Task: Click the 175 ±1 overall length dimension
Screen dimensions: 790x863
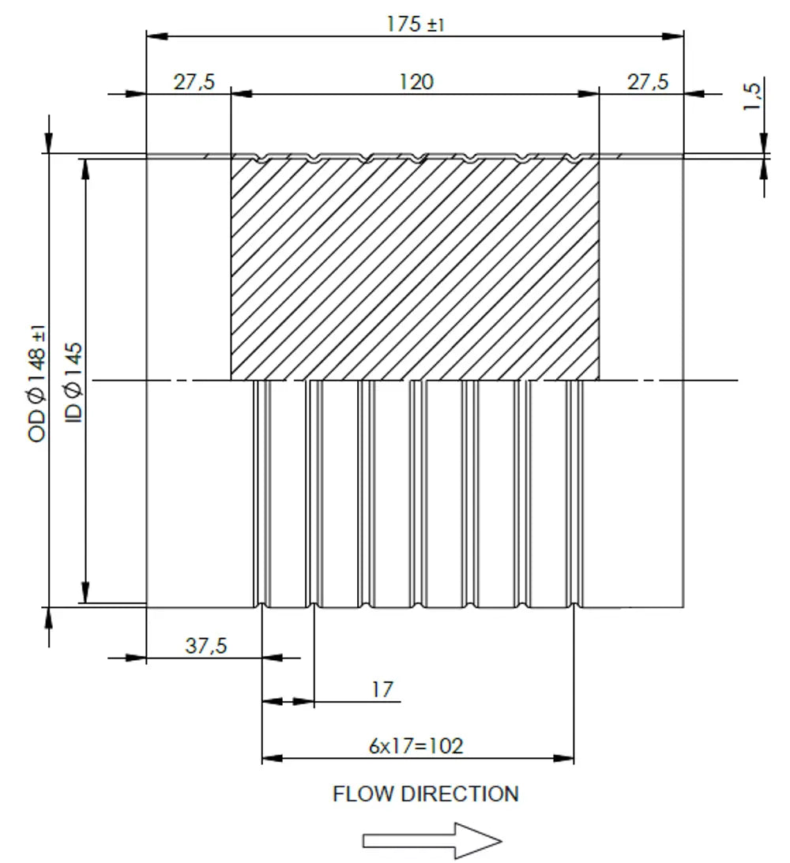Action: click(x=415, y=24)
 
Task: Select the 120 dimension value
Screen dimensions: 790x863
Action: click(x=416, y=82)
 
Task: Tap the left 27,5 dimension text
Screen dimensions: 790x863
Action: click(x=194, y=82)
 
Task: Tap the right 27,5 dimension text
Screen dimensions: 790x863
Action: click(x=648, y=82)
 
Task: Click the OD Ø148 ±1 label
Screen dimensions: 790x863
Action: click(x=37, y=385)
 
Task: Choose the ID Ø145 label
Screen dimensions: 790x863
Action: click(x=73, y=382)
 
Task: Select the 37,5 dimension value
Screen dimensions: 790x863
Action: click(x=206, y=646)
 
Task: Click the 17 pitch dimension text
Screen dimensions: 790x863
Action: click(x=382, y=689)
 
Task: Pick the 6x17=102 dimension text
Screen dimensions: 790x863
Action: click(x=416, y=746)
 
